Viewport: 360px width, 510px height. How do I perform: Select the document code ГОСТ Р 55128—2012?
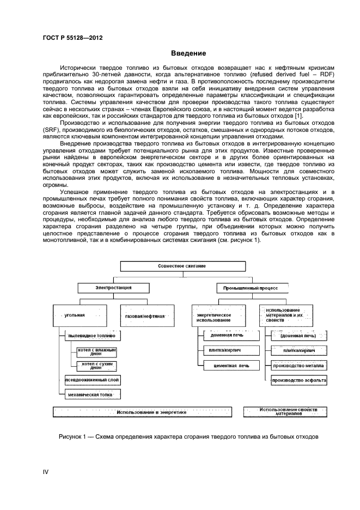coord(73,38)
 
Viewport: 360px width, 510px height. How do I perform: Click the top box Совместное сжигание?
coord(182,266)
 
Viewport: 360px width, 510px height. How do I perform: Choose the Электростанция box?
coord(113,287)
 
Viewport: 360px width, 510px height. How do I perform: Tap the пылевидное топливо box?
coord(90,337)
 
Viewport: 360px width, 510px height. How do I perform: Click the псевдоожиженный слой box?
coord(90,380)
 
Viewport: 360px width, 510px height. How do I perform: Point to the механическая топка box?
coord(90,393)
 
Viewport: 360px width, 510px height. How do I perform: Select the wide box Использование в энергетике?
coord(143,412)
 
